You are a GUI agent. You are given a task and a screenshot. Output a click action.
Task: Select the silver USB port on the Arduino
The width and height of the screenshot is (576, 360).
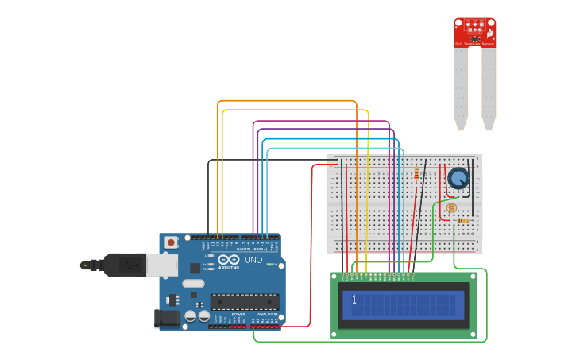[x=162, y=265]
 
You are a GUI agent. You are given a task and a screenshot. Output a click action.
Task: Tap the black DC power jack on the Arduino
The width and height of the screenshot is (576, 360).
[x=165, y=319]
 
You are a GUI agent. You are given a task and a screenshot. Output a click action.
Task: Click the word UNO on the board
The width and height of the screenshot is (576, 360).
[x=253, y=260]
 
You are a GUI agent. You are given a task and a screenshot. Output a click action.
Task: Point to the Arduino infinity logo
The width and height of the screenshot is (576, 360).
[x=229, y=259]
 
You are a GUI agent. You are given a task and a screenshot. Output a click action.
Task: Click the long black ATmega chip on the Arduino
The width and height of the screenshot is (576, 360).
[x=244, y=302]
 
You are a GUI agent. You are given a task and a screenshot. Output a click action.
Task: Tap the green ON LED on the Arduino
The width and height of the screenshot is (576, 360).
[x=269, y=265]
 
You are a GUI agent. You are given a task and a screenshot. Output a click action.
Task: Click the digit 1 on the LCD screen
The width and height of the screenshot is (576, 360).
[x=354, y=300]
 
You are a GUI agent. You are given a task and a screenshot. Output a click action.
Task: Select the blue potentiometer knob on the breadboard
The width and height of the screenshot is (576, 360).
[x=458, y=178]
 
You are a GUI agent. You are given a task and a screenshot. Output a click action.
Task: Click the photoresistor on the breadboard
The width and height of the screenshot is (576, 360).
[x=451, y=208]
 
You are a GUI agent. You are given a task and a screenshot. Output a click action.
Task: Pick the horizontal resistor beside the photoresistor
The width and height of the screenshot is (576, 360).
[x=463, y=220]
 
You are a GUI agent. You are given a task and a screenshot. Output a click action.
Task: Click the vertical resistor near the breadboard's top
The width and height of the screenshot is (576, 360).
[x=416, y=174]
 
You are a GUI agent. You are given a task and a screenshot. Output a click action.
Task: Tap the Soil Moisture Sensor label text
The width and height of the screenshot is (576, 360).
[x=474, y=44]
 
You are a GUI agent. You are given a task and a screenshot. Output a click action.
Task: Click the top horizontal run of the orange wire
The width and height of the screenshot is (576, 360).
[x=286, y=101]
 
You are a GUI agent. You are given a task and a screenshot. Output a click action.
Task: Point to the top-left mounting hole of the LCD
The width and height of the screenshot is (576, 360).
[x=335, y=277]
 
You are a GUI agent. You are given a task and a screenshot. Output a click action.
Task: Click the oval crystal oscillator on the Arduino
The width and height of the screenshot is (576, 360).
[x=193, y=283]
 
